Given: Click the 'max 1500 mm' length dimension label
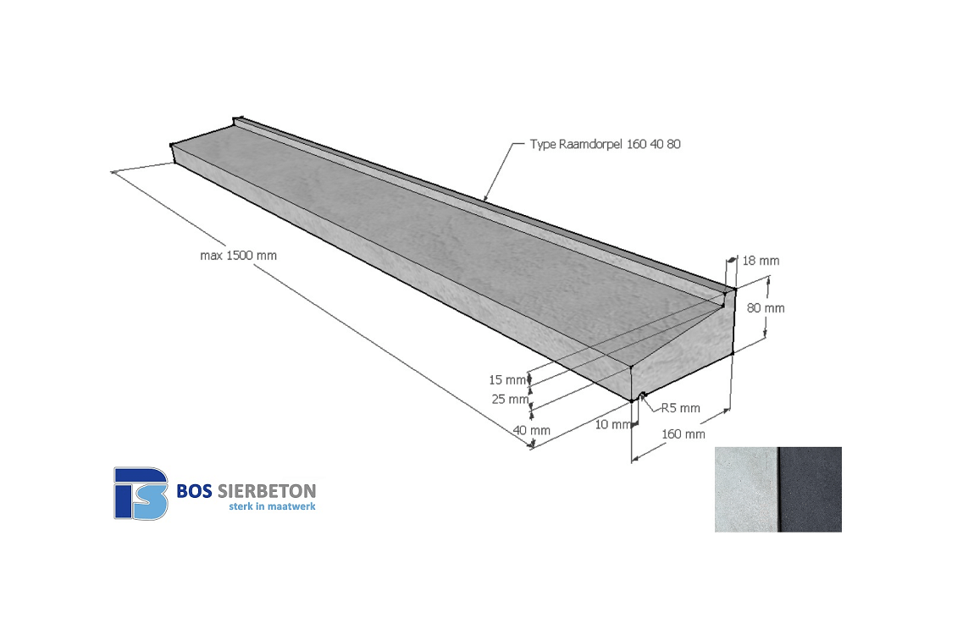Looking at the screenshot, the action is tap(239, 255).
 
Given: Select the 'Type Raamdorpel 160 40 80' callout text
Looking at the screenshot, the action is tap(605, 144).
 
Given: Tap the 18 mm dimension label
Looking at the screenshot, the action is tap(761, 261).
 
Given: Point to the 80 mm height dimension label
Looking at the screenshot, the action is tap(766, 308).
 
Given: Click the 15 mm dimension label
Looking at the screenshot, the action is tap(507, 380).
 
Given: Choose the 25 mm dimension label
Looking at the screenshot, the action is tap(510, 399).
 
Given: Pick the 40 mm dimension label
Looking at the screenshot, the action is tap(532, 430).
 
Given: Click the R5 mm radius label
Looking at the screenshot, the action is tap(681, 408).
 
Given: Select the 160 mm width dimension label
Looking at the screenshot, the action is tap(683, 433).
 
